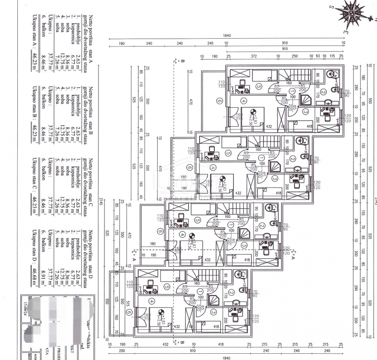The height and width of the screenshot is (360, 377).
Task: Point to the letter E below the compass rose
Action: pos(346,32)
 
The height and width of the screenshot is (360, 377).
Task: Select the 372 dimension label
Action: pos(254,56)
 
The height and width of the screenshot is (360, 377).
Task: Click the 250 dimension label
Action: pos(294,56)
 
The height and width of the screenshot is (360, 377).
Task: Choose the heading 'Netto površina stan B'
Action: pos(90,110)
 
